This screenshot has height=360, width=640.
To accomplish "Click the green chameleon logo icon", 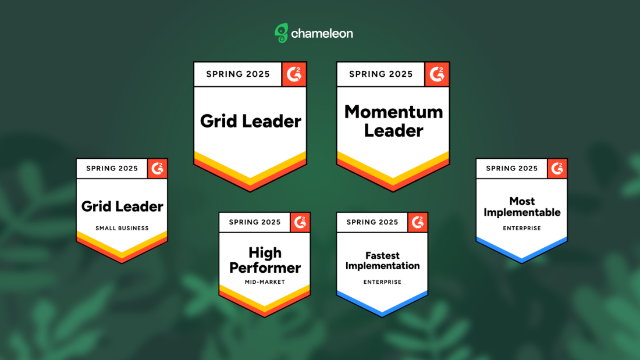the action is pos(281,33).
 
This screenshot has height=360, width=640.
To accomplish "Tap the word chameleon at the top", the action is pos(322,34).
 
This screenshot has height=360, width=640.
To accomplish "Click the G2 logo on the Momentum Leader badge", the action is pos(437,74).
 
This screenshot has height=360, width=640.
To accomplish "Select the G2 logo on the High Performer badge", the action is pos(300,222).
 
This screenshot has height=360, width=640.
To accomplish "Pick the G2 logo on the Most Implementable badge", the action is pos(557,169).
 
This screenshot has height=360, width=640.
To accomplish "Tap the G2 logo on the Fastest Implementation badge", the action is pos(418,222).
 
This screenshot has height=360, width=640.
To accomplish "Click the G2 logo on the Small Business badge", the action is pos(157,169).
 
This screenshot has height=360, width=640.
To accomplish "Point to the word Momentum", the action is pos(393,112).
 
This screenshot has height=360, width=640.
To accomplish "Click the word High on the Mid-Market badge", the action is pos(265,253).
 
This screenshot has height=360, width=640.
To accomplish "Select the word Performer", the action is pos(265,268).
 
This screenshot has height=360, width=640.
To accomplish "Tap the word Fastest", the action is pos(382,255).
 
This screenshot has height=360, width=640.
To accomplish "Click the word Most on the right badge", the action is pos(522,201).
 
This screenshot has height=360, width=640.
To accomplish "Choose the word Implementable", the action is pos(522,212).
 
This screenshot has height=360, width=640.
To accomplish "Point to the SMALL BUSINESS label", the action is pos(122,228).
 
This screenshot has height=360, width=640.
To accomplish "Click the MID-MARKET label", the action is pos(265,282).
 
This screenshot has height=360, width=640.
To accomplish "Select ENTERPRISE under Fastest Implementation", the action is pos(382,282).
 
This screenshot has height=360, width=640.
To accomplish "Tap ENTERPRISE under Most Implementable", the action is pos(522,228).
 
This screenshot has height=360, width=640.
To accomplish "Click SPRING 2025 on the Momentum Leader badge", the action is pos(381,74).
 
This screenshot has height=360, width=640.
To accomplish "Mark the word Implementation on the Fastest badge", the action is pos(382,266).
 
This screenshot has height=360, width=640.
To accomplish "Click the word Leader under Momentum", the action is pos(393,131).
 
